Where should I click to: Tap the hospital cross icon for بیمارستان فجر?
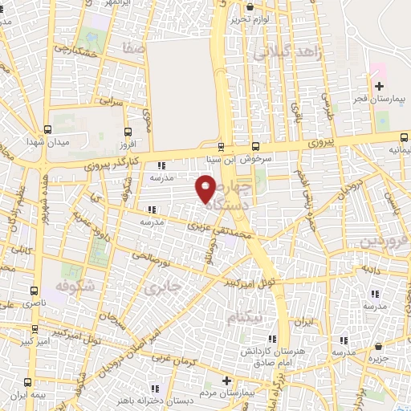[379, 86]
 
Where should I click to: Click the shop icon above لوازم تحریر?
[250, 7]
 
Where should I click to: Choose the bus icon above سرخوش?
[255, 146]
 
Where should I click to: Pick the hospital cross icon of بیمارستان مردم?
[227, 380]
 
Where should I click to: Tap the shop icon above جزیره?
[378, 347]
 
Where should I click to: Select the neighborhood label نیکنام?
[244, 318]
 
